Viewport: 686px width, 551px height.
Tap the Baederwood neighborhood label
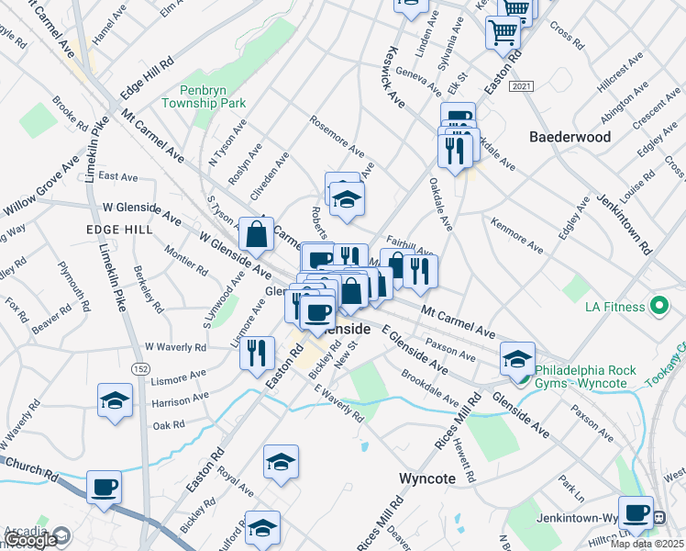(x=570, y=136)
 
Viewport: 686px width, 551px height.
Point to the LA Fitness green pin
(x=658, y=306)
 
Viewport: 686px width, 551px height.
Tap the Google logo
(x=29, y=540)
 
